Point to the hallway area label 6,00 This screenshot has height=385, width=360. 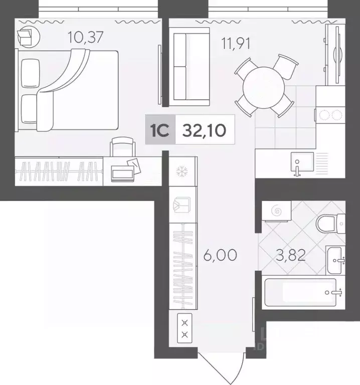tap(220, 255)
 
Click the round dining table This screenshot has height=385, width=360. tap(264, 86)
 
